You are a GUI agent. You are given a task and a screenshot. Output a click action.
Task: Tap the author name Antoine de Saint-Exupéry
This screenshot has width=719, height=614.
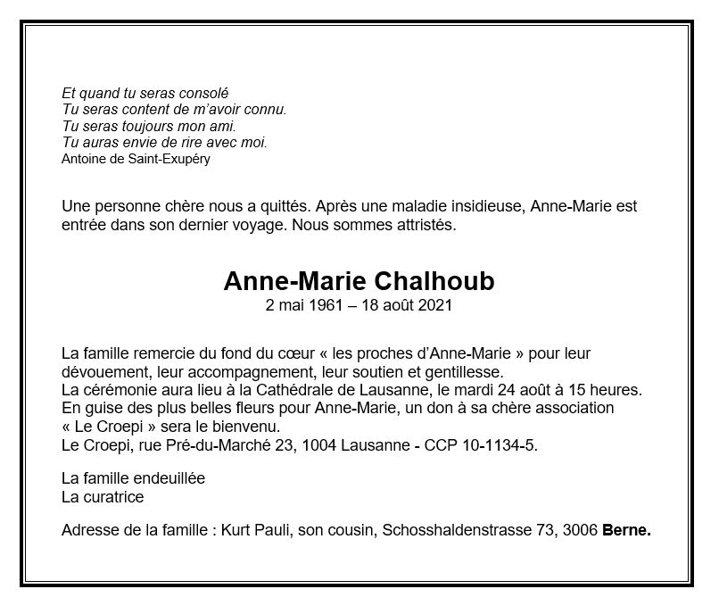(x=136, y=159)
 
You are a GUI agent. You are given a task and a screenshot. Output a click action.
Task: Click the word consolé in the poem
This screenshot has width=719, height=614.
(x=202, y=93)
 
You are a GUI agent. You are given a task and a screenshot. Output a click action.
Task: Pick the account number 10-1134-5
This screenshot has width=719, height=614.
(x=504, y=444)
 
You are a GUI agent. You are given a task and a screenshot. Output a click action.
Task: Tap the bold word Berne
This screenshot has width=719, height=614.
(x=627, y=530)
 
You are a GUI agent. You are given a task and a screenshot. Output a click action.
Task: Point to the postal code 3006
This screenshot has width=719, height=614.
(x=580, y=530)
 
